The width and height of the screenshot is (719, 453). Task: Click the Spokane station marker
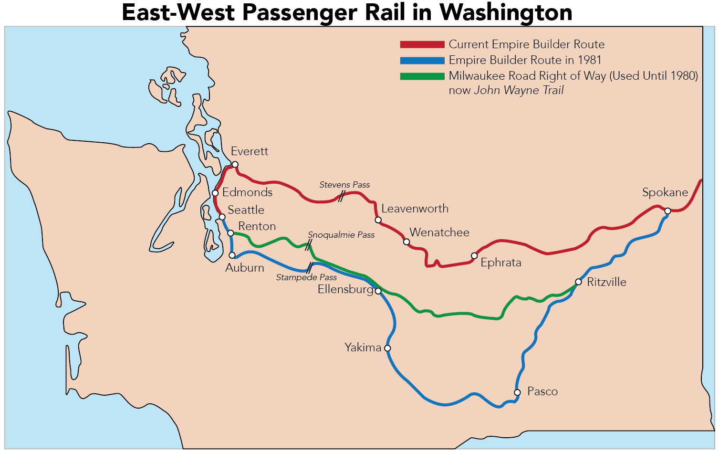pyautogui.click(x=667, y=211)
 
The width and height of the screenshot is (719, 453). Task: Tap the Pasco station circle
pyautogui.click(x=517, y=392)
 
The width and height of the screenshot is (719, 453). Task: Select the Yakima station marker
pyautogui.click(x=387, y=348)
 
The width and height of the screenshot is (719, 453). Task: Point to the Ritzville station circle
pyautogui.click(x=578, y=282)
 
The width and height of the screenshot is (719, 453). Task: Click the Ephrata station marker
pyautogui.click(x=474, y=256)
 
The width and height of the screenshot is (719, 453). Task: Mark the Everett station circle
pyautogui.click(x=235, y=165)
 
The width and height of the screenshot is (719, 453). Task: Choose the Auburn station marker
pyautogui.click(x=232, y=255)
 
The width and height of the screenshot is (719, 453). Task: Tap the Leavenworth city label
pyautogui.click(x=415, y=209)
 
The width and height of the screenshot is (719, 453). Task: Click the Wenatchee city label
pyautogui.click(x=439, y=232)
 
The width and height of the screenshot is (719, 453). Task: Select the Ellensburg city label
pyautogui.click(x=345, y=289)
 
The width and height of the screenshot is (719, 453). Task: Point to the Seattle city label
pyautogui.click(x=246, y=210)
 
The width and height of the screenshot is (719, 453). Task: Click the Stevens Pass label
pyautogui.click(x=344, y=185)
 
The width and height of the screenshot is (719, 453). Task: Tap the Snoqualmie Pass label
pyautogui.click(x=341, y=235)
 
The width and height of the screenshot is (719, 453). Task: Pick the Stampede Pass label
pyautogui.click(x=306, y=277)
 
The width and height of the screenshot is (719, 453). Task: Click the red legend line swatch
pyautogui.click(x=422, y=44)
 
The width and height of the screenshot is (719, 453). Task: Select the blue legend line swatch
pyautogui.click(x=422, y=61)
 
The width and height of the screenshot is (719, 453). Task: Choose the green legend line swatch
pyautogui.click(x=422, y=76)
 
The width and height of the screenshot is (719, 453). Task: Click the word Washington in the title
pyautogui.click(x=505, y=12)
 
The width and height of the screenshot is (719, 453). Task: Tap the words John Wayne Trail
pyautogui.click(x=519, y=90)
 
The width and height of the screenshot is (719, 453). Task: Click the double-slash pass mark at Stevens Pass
pyautogui.click(x=341, y=196)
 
